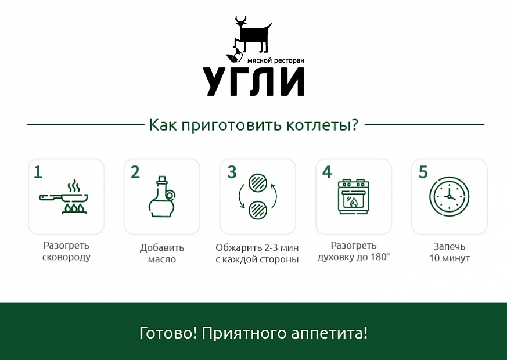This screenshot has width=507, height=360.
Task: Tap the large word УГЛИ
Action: [x=254, y=82]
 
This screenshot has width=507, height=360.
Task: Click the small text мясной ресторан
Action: [x=276, y=60]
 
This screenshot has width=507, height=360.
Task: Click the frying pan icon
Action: [x=63, y=197]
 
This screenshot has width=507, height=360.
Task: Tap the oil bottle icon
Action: [x=161, y=197]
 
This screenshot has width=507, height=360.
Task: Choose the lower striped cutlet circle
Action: [x=258, y=210]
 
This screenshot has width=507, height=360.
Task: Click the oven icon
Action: [x=354, y=197]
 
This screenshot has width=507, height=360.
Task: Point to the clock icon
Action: [x=449, y=196]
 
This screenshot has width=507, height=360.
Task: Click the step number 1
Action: [x=38, y=172]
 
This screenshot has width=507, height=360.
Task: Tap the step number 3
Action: [x=232, y=172]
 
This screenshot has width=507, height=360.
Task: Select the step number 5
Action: [x=423, y=172]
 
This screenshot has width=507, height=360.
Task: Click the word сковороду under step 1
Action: [x=66, y=257]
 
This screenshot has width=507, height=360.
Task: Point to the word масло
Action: [x=162, y=259]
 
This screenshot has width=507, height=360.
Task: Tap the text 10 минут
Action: [x=449, y=258]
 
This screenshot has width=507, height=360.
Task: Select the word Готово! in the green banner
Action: [x=168, y=333]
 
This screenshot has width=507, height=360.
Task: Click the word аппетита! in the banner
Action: [x=329, y=333]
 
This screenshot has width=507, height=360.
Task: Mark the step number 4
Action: [x=327, y=172]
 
